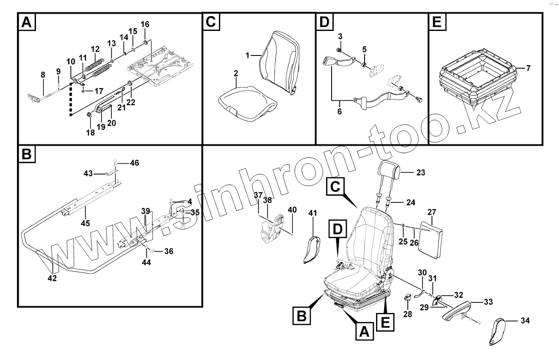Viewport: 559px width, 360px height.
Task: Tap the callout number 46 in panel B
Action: (134, 163)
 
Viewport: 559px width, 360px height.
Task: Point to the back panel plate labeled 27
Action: (430, 238)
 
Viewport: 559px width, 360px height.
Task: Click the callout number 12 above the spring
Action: (95, 49)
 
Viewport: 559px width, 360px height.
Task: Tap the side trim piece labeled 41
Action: (312, 250)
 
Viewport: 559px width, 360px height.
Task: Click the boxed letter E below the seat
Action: (385, 322)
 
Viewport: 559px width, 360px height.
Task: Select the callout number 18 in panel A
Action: (90, 132)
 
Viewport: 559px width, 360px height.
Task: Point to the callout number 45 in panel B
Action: (85, 223)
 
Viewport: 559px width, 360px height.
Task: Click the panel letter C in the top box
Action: (211, 22)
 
